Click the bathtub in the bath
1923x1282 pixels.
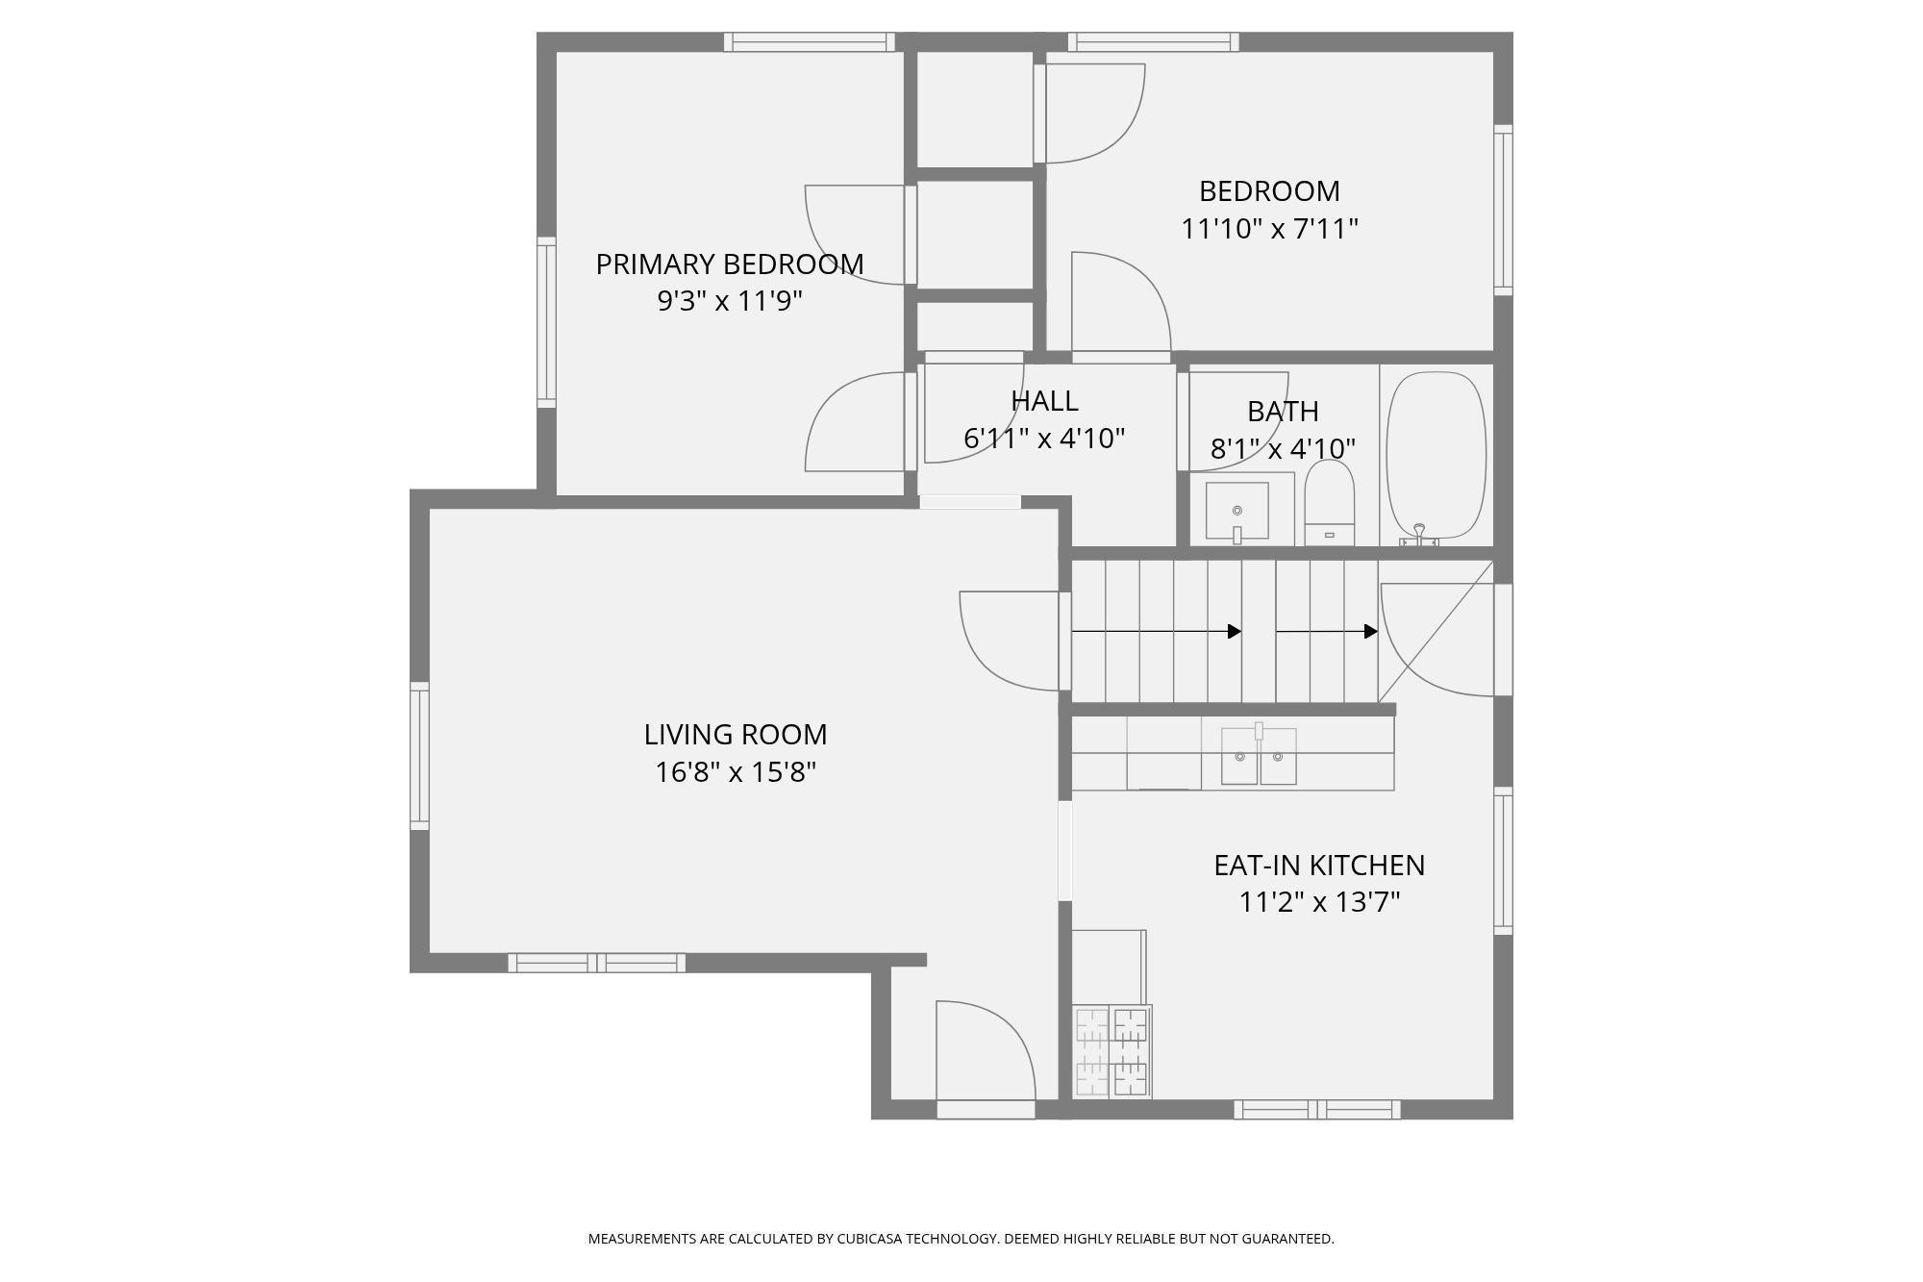tap(1437, 455)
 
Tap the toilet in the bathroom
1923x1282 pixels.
tap(1330, 505)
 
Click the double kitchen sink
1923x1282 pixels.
tap(1259, 756)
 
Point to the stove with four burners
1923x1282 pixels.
tap(1111, 1051)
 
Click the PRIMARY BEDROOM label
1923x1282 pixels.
tap(729, 264)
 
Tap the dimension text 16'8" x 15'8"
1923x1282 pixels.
tap(736, 772)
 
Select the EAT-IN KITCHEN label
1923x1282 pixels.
tap(1318, 866)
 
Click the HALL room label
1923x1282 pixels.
tap(1044, 401)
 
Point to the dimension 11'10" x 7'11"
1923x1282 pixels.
tap(1269, 229)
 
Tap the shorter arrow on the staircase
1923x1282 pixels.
tap(1326, 632)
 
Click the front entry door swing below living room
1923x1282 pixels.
tap(985, 1053)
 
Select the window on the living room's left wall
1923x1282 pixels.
tap(419, 756)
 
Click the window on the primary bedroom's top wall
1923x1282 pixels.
tap(809, 42)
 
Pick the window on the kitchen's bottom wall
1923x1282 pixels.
tap(1316, 1110)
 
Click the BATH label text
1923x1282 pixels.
tap(1282, 412)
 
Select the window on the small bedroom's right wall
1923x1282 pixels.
tap(1503, 210)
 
